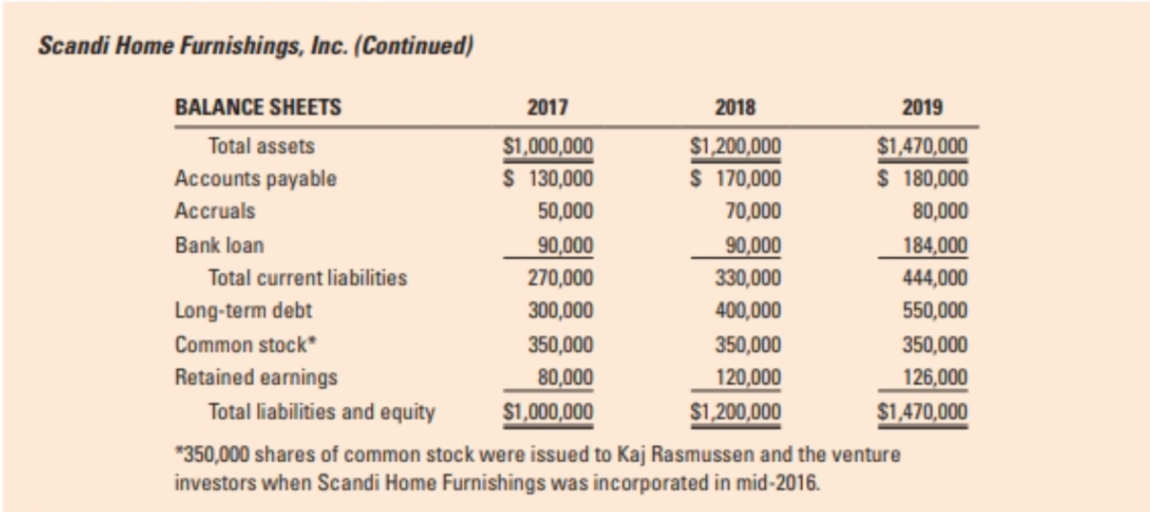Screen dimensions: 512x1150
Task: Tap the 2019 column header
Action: tap(922, 107)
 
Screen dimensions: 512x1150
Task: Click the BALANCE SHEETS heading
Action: tap(257, 107)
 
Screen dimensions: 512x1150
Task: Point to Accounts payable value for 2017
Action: tap(550, 179)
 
